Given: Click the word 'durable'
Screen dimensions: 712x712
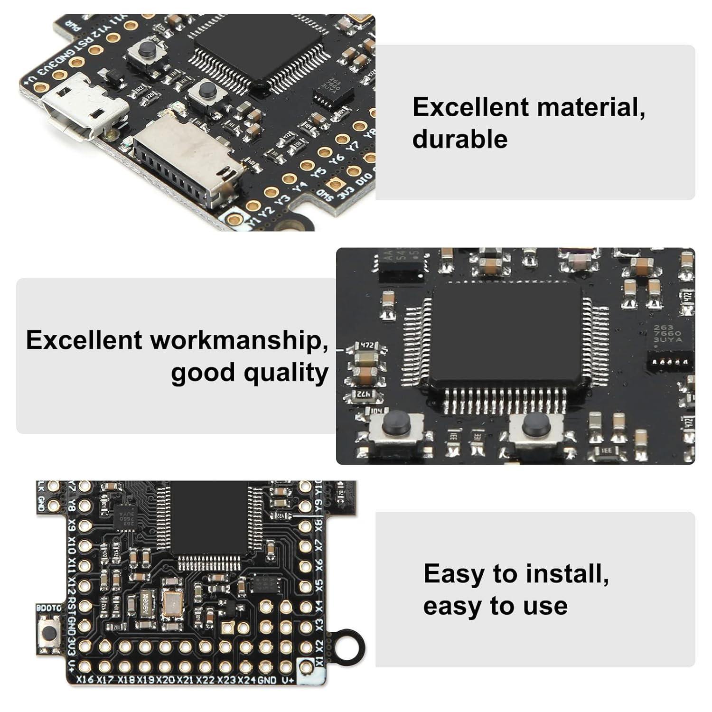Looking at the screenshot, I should point(459,139).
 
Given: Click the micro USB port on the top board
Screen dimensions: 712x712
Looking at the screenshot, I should point(81,108).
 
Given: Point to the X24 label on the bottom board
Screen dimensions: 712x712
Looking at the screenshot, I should point(246,680).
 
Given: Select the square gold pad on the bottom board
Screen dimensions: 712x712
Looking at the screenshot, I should point(228,628).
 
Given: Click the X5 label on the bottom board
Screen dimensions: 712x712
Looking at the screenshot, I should point(319,584).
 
